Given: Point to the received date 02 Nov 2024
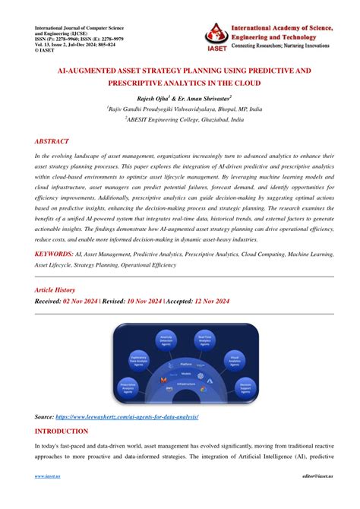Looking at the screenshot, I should [x=102, y=302].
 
